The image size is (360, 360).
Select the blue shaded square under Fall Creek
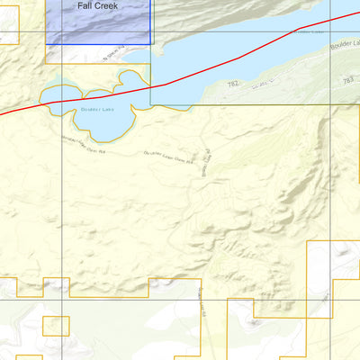pyautogui.click(x=99, y=25)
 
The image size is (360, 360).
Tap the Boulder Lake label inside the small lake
pyautogui.click(x=97, y=110)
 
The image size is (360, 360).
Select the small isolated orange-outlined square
pyautogui.click(x=56, y=325)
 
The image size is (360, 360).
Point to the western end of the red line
pyautogui.click(x=2, y=112)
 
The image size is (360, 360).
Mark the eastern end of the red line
pyautogui.click(x=357, y=14)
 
